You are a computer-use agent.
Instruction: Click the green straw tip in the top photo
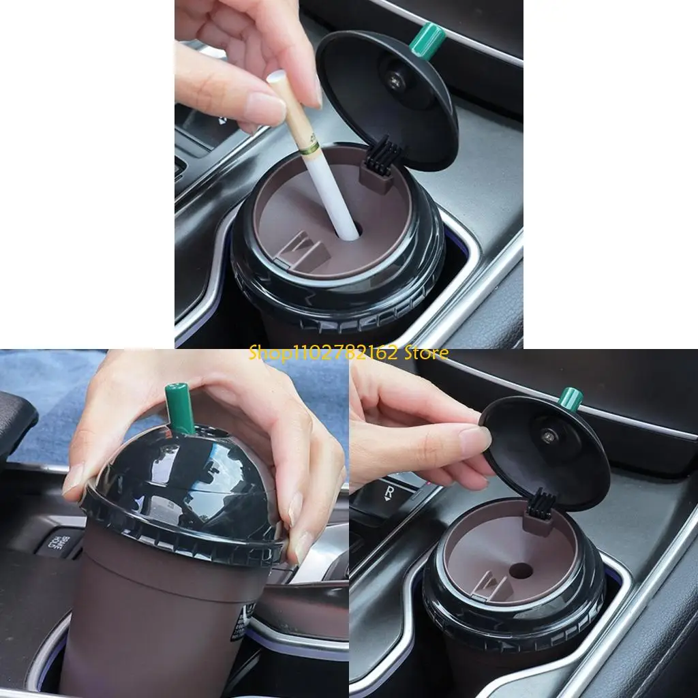pyautogui.click(x=427, y=39)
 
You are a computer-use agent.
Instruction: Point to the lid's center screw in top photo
pyautogui.click(x=395, y=76)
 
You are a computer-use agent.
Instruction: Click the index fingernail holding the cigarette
pyautogui.click(x=264, y=106)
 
